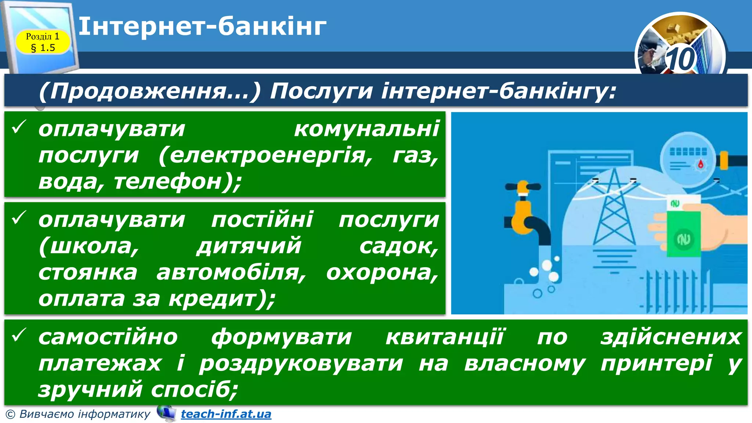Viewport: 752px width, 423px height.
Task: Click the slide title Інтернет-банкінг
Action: tap(202, 26)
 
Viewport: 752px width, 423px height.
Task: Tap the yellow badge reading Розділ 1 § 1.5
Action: tap(43, 42)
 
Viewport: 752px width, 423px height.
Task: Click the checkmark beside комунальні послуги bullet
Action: tap(18, 127)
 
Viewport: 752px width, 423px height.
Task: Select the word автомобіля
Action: tap(231, 272)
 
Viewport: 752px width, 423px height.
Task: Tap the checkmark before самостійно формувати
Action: tap(18, 335)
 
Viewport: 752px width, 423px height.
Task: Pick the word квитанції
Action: tap(445, 337)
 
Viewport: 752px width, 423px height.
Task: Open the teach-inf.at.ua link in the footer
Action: tap(226, 414)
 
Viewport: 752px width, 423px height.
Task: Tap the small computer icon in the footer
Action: tap(166, 413)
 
